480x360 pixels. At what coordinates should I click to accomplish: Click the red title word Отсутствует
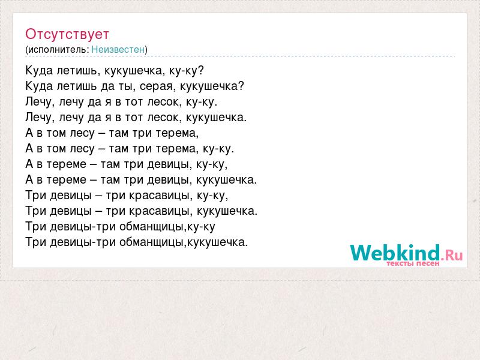point(67,34)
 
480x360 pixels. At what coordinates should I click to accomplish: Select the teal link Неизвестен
point(118,49)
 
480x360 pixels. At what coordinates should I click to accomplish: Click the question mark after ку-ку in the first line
point(200,70)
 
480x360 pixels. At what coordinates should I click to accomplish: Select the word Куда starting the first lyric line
point(39,71)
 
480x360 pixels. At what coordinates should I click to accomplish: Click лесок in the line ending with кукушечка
point(162,117)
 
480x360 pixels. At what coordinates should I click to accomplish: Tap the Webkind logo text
point(395,253)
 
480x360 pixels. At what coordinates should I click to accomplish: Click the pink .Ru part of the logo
point(452,255)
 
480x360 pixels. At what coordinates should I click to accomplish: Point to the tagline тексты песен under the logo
point(413,263)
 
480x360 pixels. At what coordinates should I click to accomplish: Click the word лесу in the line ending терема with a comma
point(82,133)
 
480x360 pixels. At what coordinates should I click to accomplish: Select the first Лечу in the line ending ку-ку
point(38,102)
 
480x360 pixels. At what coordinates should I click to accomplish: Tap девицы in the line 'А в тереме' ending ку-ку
point(168,164)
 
